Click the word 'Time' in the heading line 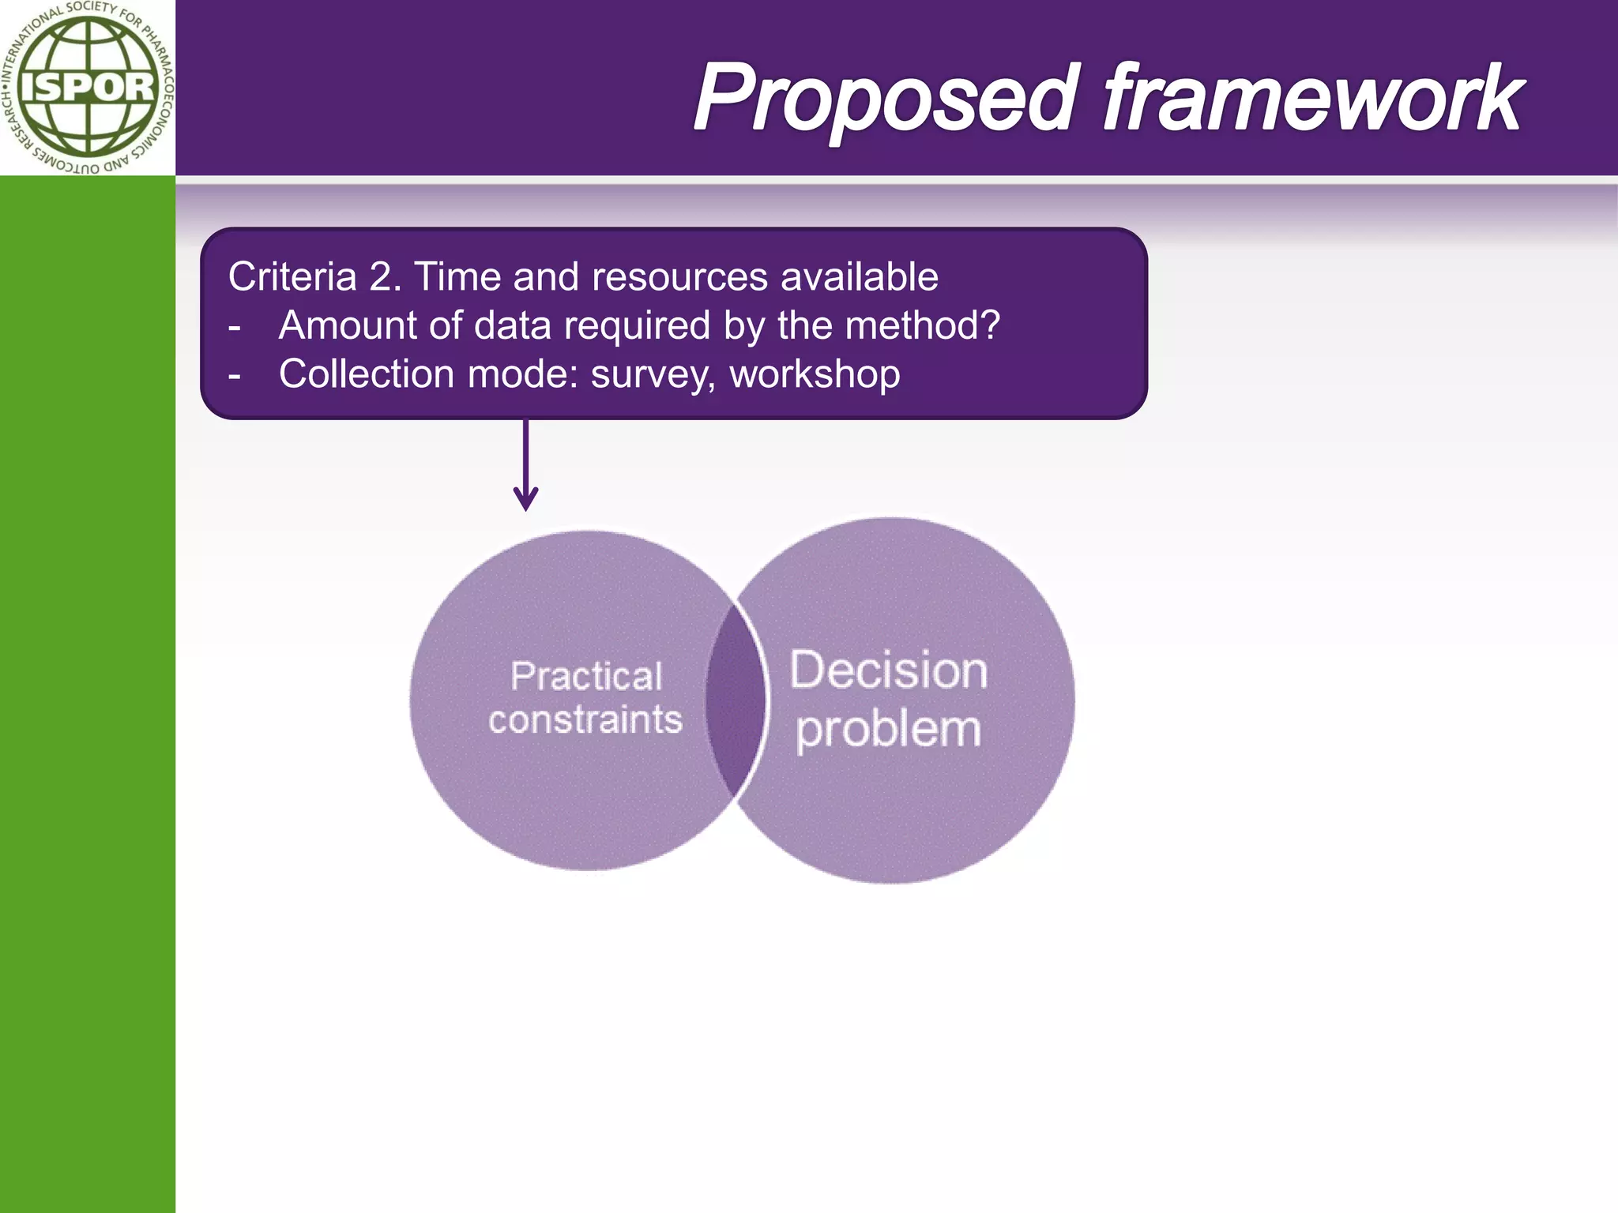tap(457, 277)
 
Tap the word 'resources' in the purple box tap(679, 277)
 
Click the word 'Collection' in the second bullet tap(366, 374)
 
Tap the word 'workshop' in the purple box tap(815, 374)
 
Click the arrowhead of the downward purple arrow tap(525, 501)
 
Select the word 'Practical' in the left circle tap(585, 677)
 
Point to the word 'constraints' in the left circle tap(585, 720)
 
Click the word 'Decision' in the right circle tap(888, 670)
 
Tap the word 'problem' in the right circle tap(888, 729)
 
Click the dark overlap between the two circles tap(736, 699)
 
